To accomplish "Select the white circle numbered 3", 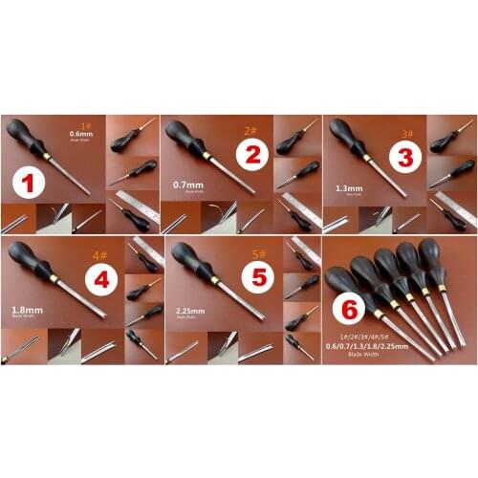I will click(405, 157).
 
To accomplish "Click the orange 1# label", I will click(87, 124).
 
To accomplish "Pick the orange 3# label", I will click(408, 131).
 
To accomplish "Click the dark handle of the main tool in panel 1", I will click(23, 133).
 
